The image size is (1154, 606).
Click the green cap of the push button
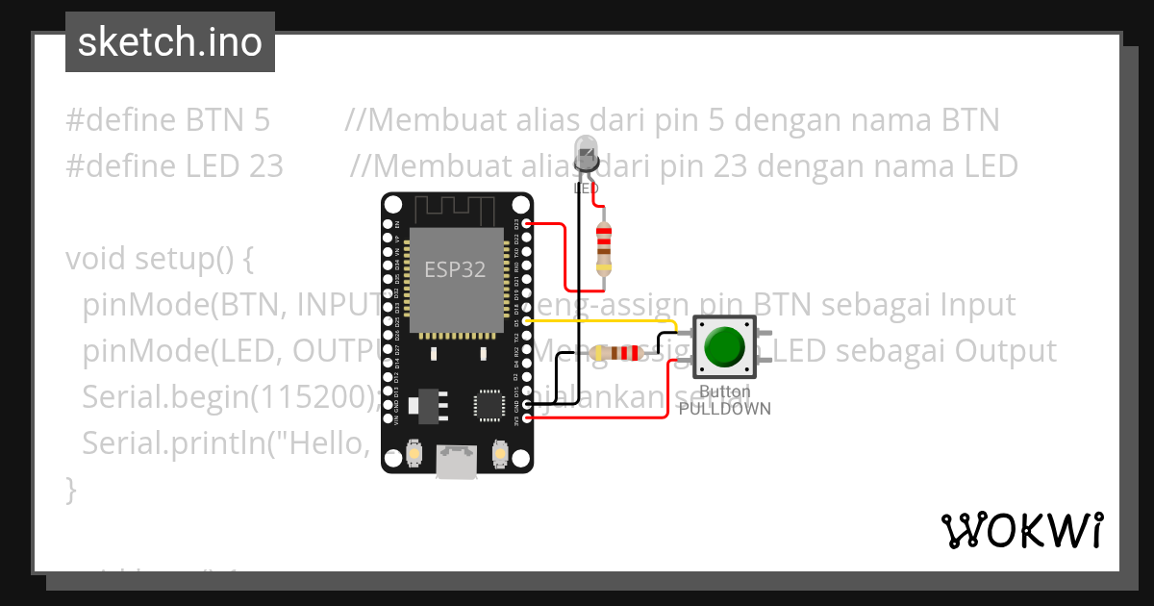pyautogui.click(x=723, y=347)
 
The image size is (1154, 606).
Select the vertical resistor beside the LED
pyautogui.click(x=603, y=247)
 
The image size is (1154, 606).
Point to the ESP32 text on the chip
pyautogui.click(x=456, y=269)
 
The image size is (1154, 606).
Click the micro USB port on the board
pyautogui.click(x=457, y=462)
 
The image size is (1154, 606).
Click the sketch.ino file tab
pyautogui.click(x=170, y=42)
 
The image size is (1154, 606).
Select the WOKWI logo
pyautogui.click(x=1020, y=531)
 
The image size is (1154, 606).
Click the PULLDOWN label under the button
pyautogui.click(x=724, y=408)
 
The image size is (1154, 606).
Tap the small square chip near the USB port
pyautogui.click(x=489, y=406)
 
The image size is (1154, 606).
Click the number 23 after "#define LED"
pyautogui.click(x=264, y=166)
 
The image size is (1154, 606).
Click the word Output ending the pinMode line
pyautogui.click(x=1005, y=351)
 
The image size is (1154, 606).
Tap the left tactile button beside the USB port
pyautogui.click(x=414, y=452)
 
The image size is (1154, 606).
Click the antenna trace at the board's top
pyautogui.click(x=457, y=208)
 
